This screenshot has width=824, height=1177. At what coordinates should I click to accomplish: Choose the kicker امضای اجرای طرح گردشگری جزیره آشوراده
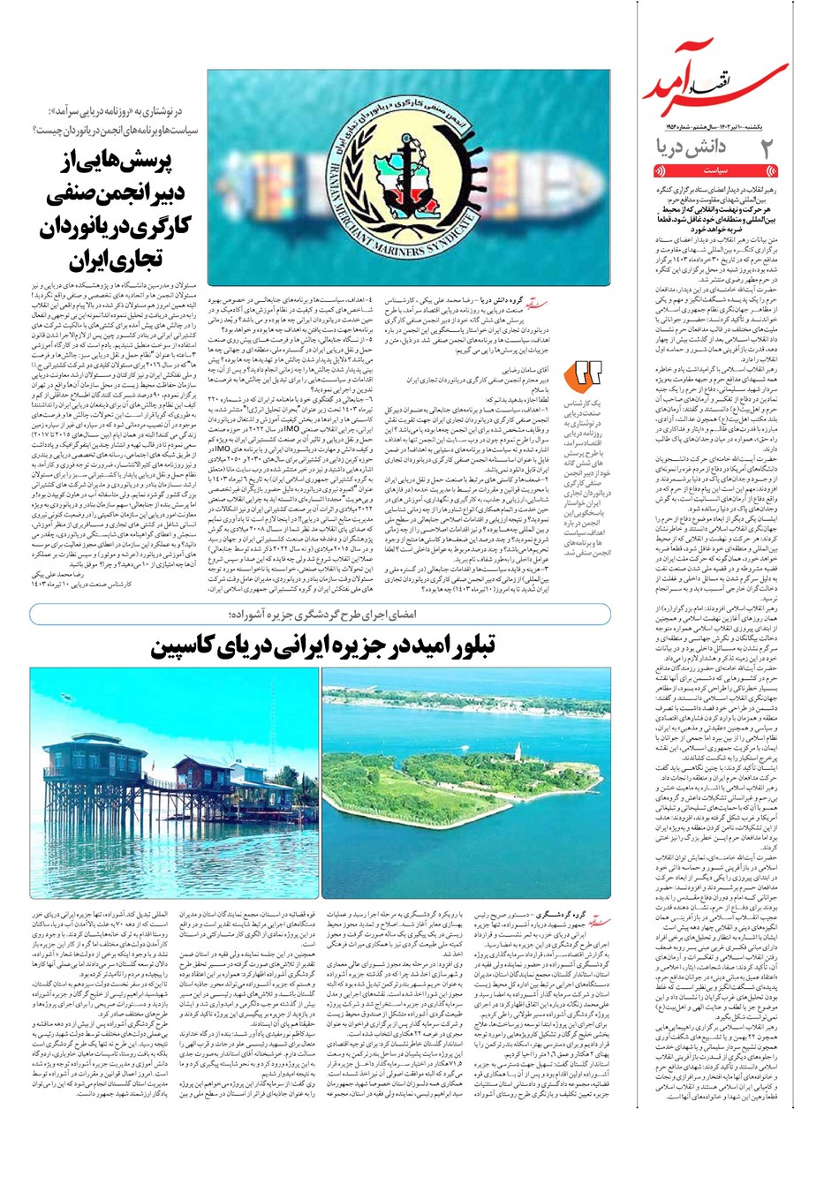click(x=318, y=615)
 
